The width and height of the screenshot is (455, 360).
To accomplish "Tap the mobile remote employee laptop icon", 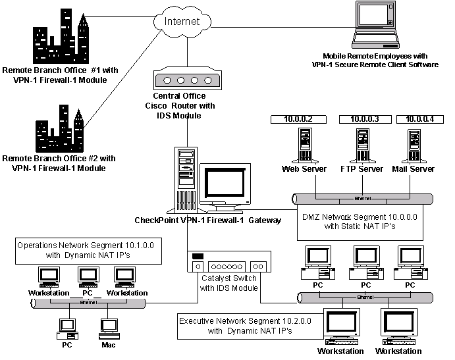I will coord(376,26).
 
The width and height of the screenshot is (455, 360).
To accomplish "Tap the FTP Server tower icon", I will coord(361,145).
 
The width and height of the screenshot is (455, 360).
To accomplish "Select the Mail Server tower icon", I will coord(414,145).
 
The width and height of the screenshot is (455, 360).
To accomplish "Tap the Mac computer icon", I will coord(108,326).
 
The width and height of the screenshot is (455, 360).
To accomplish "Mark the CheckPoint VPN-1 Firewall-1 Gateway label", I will coord(207,220).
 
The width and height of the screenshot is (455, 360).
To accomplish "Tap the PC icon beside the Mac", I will coord(67,326).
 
